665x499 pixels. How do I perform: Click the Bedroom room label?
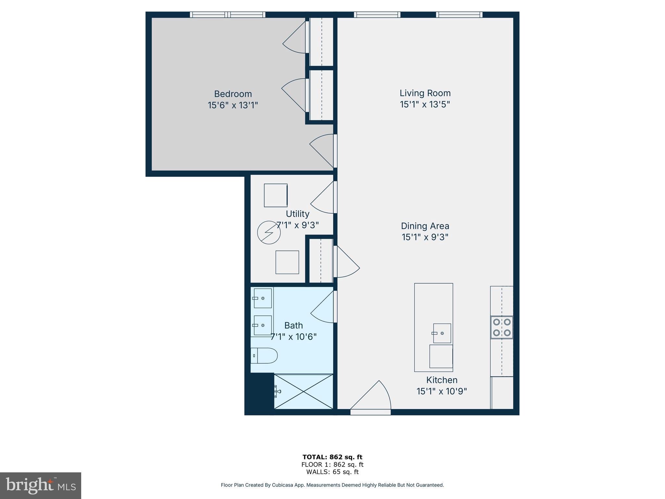[233, 94]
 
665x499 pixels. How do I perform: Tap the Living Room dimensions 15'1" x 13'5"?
[425, 105]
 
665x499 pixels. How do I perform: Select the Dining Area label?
[425, 226]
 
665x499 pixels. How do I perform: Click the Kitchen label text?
[442, 380]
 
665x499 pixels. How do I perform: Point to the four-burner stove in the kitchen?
[502, 327]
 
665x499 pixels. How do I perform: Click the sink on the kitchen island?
[442, 333]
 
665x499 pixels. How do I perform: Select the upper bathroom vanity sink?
[262, 298]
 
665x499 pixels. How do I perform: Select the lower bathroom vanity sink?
[262, 325]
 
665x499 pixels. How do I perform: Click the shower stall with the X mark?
[304, 391]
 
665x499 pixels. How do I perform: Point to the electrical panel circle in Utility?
[269, 232]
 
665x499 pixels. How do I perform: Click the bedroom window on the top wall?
[228, 15]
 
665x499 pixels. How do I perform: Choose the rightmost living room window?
[459, 15]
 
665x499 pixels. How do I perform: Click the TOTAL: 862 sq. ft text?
[332, 457]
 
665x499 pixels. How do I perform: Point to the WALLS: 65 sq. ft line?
[332, 472]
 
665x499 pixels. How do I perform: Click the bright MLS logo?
[41, 486]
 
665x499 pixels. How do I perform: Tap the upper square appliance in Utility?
[276, 195]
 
